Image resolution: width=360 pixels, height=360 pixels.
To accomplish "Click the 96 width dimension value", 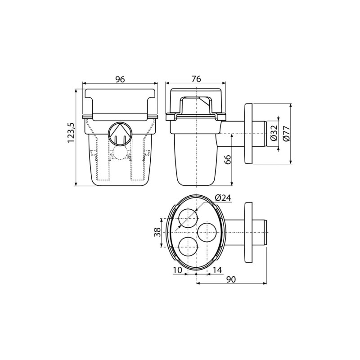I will [x=120, y=79].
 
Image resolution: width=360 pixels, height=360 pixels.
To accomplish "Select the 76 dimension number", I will [x=196, y=79].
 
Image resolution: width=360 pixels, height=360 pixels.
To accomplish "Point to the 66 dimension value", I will [x=228, y=159].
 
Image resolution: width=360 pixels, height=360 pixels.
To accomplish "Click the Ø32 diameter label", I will [x=273, y=134].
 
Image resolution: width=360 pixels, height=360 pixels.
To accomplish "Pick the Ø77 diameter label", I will [x=287, y=134].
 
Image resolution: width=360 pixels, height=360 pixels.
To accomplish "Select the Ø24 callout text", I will [x=223, y=198].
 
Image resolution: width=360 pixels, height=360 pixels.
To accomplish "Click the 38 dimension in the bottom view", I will [x=157, y=232].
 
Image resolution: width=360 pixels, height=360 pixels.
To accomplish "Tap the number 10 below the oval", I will [x=177, y=270].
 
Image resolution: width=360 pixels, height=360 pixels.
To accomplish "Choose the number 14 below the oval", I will [x=218, y=270].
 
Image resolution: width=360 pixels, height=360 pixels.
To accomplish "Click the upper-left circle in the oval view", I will [x=188, y=218].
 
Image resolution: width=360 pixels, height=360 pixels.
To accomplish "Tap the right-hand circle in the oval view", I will [x=207, y=232].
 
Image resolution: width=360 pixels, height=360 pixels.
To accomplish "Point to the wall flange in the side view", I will [x=248, y=134].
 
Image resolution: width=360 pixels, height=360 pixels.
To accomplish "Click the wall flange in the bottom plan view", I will [x=248, y=232].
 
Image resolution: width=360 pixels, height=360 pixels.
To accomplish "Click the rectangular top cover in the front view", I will [x=120, y=101].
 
